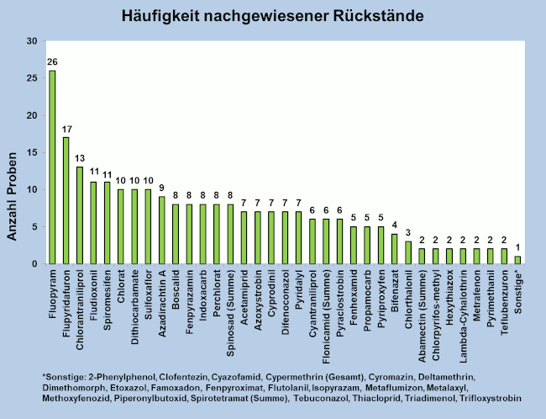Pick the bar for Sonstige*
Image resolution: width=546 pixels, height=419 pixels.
click(x=517, y=260)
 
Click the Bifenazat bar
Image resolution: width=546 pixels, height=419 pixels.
click(x=395, y=249)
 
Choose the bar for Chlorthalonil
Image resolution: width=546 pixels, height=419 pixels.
click(x=408, y=252)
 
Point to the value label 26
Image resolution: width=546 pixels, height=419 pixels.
click(x=52, y=62)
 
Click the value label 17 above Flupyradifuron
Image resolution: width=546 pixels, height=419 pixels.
click(x=66, y=130)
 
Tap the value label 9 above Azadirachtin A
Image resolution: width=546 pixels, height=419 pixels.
click(x=161, y=188)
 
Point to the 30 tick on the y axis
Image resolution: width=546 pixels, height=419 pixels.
click(x=31, y=41)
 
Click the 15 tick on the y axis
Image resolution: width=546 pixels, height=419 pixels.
click(x=31, y=152)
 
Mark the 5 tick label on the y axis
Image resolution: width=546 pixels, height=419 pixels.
click(x=34, y=226)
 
